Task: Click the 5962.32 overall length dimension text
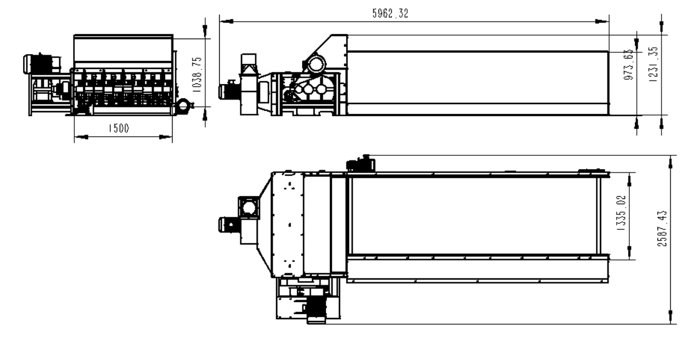point(390,13)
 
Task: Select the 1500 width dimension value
point(119,128)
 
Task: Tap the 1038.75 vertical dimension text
point(197,75)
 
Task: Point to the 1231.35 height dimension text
point(653,64)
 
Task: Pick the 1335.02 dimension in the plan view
point(621,213)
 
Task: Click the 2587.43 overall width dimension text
point(662,229)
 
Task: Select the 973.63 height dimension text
point(628,65)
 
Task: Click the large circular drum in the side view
point(316,64)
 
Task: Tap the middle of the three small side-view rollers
point(309,90)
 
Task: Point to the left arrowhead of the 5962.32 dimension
point(226,21)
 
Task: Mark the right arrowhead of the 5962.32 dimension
point(602,21)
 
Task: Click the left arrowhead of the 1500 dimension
point(81,137)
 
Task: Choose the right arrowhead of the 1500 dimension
point(166,137)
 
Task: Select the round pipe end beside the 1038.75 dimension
point(183,106)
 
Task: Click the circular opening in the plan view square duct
point(249,208)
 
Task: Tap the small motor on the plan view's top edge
point(361,164)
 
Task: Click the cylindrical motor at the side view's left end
point(229,91)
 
